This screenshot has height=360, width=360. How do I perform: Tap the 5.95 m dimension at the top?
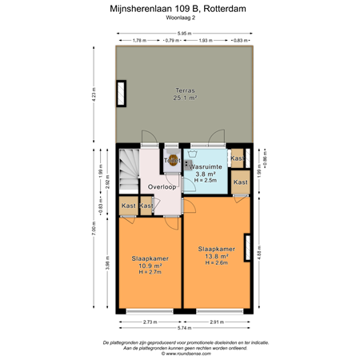pyautogui.click(x=184, y=33)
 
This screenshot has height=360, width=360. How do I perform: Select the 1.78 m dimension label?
pyautogui.click(x=140, y=40)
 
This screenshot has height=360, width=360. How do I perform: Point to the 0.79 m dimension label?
pyautogui.click(x=171, y=40)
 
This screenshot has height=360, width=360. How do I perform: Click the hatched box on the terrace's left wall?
pyautogui.click(x=122, y=94)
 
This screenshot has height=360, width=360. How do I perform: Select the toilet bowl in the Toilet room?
pyautogui.click(x=170, y=158)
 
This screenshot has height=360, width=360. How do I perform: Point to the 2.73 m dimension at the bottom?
pyautogui.click(x=150, y=321)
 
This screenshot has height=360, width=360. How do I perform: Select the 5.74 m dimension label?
pyautogui.click(x=184, y=328)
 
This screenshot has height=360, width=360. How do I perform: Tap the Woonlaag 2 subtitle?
pyautogui.click(x=184, y=18)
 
